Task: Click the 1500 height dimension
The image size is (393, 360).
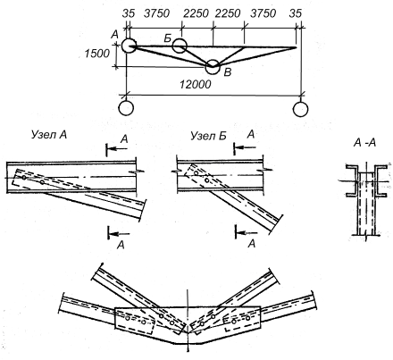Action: pyautogui.click(x=97, y=54)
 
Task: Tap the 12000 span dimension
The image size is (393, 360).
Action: pyautogui.click(x=195, y=85)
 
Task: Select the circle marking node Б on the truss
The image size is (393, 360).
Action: pyautogui.click(x=180, y=46)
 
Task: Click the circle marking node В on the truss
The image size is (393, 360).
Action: pyautogui.click(x=213, y=67)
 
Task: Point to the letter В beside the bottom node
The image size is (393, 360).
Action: pyautogui.click(x=227, y=72)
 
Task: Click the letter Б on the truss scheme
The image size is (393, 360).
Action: pyautogui.click(x=167, y=38)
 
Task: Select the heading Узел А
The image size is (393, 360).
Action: pyautogui.click(x=49, y=135)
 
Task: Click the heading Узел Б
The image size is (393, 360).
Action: pyautogui.click(x=208, y=136)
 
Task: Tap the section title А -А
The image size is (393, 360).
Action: pyautogui.click(x=364, y=143)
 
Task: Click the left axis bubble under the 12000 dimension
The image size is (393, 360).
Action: pyautogui.click(x=126, y=108)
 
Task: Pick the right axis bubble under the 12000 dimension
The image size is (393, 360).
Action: pyautogui.click(x=300, y=109)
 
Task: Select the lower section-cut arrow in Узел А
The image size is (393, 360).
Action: pyautogui.click(x=119, y=233)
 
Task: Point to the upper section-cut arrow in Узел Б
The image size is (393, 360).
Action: pyautogui.click(x=245, y=147)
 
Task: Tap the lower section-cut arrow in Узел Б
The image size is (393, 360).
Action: pyautogui.click(x=247, y=231)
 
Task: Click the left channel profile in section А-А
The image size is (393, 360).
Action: pyautogui.click(x=353, y=180)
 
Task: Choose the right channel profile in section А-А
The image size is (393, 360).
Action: pyautogui.click(x=380, y=180)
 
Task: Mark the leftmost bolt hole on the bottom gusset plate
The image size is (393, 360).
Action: pyautogui.click(x=128, y=318)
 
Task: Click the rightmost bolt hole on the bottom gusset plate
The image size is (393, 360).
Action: pyautogui.click(x=248, y=318)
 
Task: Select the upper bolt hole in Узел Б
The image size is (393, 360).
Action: pyautogui.click(x=196, y=173)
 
